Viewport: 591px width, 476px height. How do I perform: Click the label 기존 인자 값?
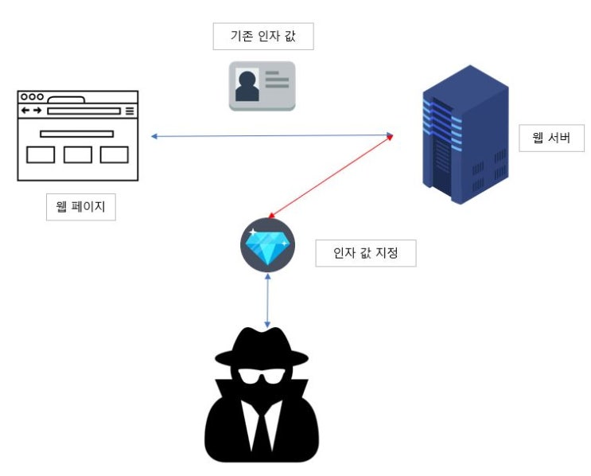coord(263,36)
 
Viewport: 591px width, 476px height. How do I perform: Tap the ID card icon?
coord(262,85)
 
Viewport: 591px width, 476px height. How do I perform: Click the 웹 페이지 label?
coord(80,209)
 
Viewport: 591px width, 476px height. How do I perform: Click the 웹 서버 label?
coord(551,139)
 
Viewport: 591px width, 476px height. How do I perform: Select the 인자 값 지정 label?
coord(365,254)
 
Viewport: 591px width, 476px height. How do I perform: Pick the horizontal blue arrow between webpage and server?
coord(270,137)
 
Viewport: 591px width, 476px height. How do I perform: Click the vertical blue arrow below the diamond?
coord(268,301)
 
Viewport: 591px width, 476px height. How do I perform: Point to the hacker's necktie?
coord(262,430)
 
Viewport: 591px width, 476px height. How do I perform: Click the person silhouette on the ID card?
coord(247,85)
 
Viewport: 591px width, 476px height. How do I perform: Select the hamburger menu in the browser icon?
coord(130,111)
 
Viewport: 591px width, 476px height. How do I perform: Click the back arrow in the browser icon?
coord(26,111)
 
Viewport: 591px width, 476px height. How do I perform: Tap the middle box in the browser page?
coord(78,154)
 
